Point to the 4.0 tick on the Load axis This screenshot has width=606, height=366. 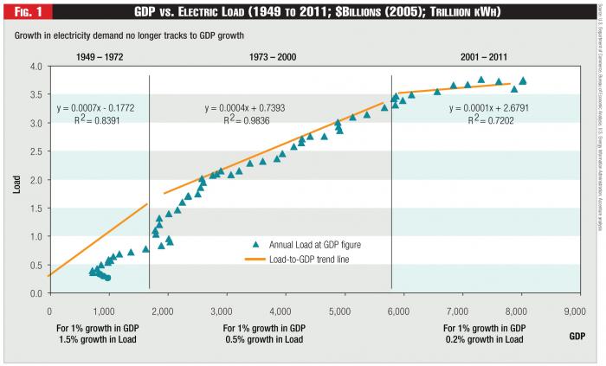36,67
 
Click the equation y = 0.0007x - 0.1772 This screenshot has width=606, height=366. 98,109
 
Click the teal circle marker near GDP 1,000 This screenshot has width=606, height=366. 107,278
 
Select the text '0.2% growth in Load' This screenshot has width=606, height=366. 483,340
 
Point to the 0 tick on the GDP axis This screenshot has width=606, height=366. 49,308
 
